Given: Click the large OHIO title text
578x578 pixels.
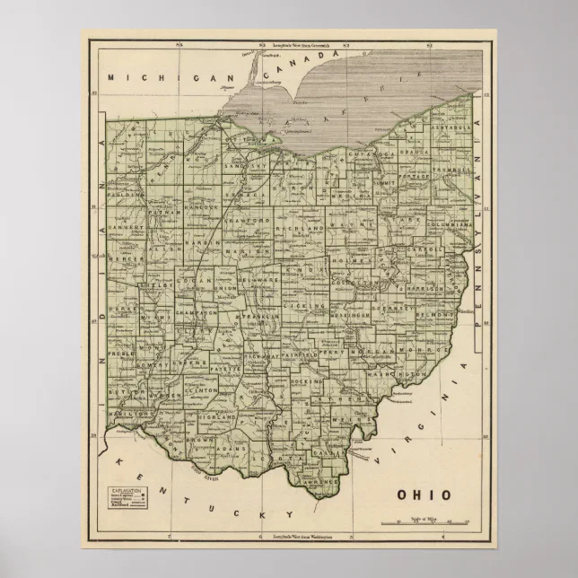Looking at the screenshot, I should click(x=426, y=495).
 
